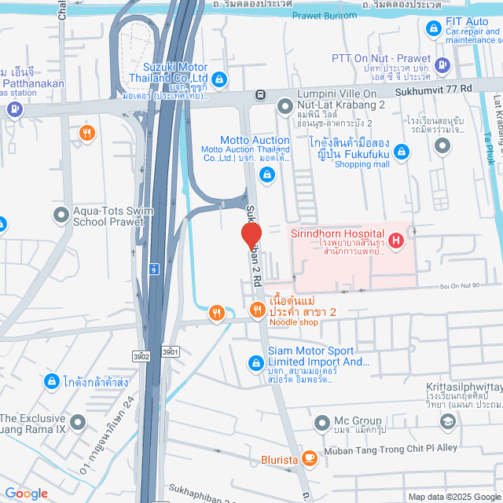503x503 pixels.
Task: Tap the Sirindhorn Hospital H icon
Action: pyautogui.click(x=395, y=239)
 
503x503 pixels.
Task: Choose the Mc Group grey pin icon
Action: pyautogui.click(x=321, y=424)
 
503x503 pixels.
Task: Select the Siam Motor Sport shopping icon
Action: pyautogui.click(x=255, y=362)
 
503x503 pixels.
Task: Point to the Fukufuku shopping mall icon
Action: pyautogui.click(x=402, y=151)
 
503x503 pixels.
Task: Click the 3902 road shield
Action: pyautogui.click(x=141, y=356)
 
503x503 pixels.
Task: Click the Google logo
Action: pyautogui.click(x=26, y=493)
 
